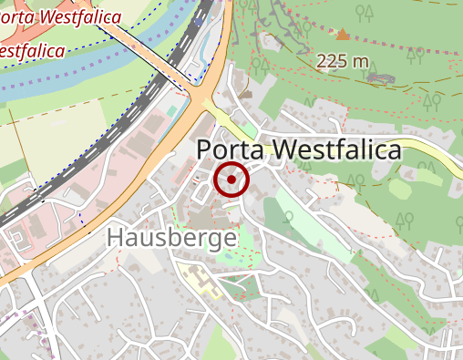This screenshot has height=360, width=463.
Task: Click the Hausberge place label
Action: click(x=171, y=239)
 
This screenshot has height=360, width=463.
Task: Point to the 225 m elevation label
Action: click(x=343, y=61)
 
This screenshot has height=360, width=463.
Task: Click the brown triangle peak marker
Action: click(x=343, y=35)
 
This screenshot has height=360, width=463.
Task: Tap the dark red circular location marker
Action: click(x=231, y=180)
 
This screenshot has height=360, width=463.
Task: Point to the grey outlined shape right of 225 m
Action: click(x=381, y=78)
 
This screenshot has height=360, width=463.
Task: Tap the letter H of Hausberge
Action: click(x=115, y=239)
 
